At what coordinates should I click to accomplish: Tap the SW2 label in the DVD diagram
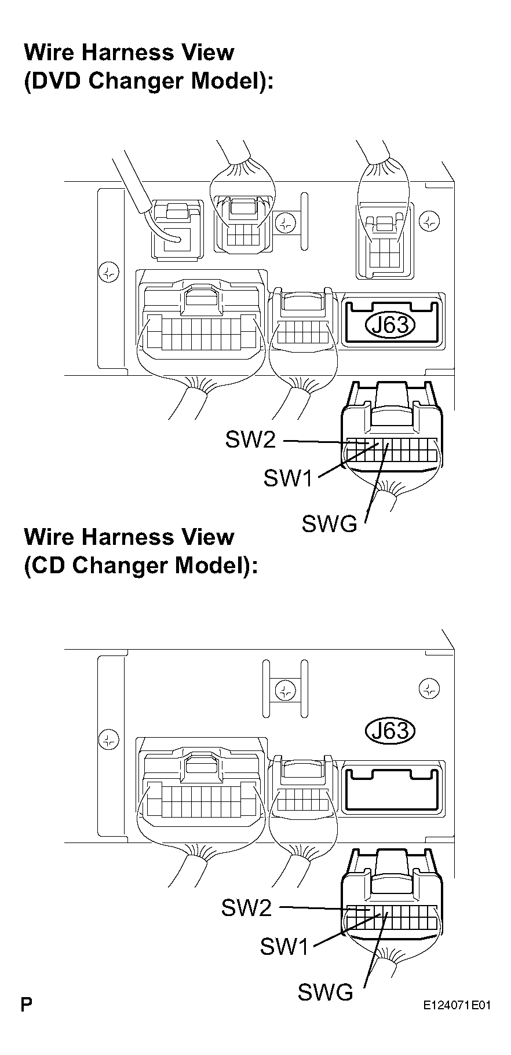(x=250, y=441)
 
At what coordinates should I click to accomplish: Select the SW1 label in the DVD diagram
(x=288, y=478)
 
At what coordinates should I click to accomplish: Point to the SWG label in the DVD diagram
(x=329, y=524)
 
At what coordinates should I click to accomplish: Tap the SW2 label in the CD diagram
(x=246, y=907)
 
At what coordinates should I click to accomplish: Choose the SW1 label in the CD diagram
(x=284, y=946)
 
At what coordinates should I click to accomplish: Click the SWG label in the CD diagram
(x=325, y=992)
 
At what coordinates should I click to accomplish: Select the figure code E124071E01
(x=457, y=1005)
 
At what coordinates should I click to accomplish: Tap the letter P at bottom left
(x=26, y=1005)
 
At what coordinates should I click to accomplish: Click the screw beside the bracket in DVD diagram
(x=284, y=222)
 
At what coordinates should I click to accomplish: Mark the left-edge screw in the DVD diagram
(x=108, y=272)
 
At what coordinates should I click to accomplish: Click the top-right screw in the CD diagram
(x=428, y=688)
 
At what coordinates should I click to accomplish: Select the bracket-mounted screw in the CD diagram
(x=284, y=690)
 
